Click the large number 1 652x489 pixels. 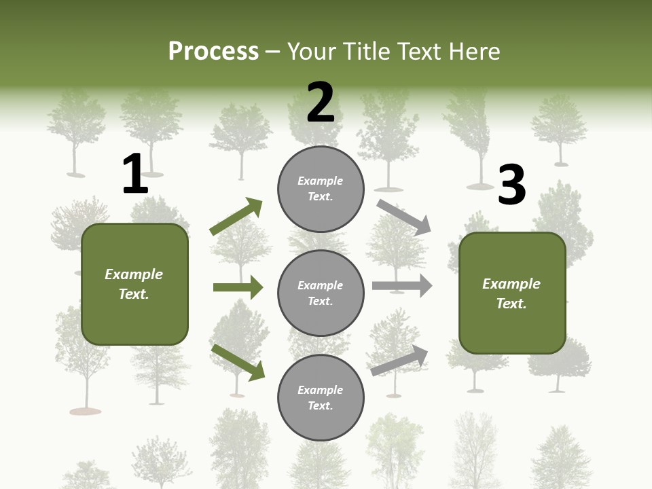tap(135, 175)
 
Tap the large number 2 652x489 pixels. tap(321, 103)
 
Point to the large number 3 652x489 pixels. tap(511, 185)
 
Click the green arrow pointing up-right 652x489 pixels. tap(236, 216)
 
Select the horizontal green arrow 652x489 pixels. tap(238, 287)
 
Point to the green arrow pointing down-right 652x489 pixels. tap(238, 361)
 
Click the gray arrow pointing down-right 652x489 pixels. tap(403, 217)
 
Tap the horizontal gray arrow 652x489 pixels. tap(401, 286)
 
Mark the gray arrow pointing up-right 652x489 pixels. tap(399, 360)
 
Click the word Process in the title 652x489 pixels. tap(213, 51)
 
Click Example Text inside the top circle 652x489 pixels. tap(321, 189)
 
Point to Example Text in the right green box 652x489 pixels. tap(511, 293)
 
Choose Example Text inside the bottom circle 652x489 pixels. tap(321, 398)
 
